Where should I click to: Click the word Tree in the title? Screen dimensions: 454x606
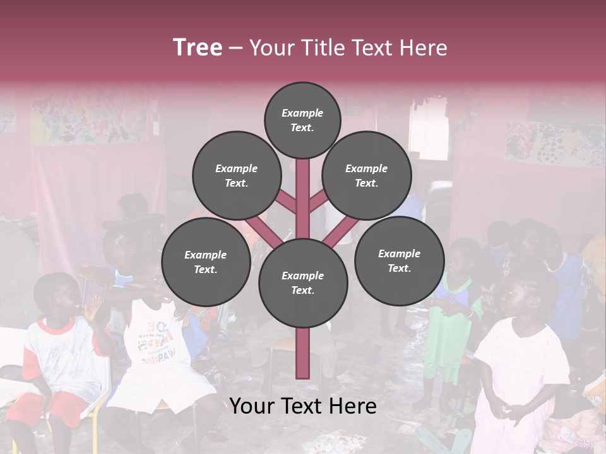click(x=198, y=47)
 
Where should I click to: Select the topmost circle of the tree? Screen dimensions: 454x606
click(x=302, y=120)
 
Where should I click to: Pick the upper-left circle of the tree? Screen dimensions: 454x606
click(x=236, y=175)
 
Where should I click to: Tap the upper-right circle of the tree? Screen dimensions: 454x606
click(x=366, y=175)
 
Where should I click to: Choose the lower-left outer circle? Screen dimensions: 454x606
click(x=205, y=262)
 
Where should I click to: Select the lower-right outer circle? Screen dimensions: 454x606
click(x=399, y=260)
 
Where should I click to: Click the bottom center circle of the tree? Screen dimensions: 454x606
click(x=302, y=282)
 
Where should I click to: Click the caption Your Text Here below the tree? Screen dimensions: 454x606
click(x=303, y=406)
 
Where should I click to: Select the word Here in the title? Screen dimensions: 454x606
click(x=424, y=48)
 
